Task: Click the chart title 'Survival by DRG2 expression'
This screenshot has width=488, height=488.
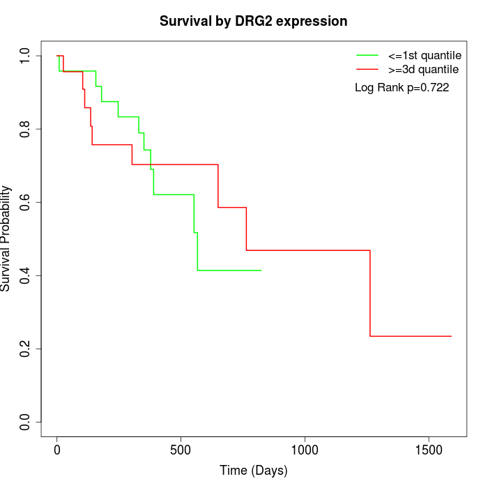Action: (253, 21)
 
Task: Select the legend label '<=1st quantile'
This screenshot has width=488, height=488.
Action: (424, 54)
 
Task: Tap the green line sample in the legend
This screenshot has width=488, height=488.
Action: (367, 54)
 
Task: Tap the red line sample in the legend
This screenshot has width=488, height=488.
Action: (367, 69)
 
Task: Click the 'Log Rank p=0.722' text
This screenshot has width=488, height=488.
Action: (402, 88)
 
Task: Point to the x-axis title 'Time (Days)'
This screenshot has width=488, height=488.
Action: (253, 471)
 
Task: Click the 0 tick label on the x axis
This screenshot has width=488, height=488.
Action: (57, 450)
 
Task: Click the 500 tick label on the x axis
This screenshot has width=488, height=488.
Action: (181, 450)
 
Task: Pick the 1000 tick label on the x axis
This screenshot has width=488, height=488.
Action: (305, 450)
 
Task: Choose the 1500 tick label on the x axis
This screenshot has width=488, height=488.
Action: (428, 450)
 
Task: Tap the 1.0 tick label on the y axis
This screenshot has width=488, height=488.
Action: (26, 56)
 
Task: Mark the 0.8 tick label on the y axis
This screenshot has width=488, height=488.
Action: (26, 129)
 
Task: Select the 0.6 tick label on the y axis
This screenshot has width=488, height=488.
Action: (26, 202)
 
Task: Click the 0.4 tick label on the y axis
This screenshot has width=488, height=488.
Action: (26, 275)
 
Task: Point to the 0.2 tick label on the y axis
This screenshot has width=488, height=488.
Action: (26, 349)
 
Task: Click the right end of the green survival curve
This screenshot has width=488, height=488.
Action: (261, 270)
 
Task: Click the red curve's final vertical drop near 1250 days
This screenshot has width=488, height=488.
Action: (370, 293)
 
